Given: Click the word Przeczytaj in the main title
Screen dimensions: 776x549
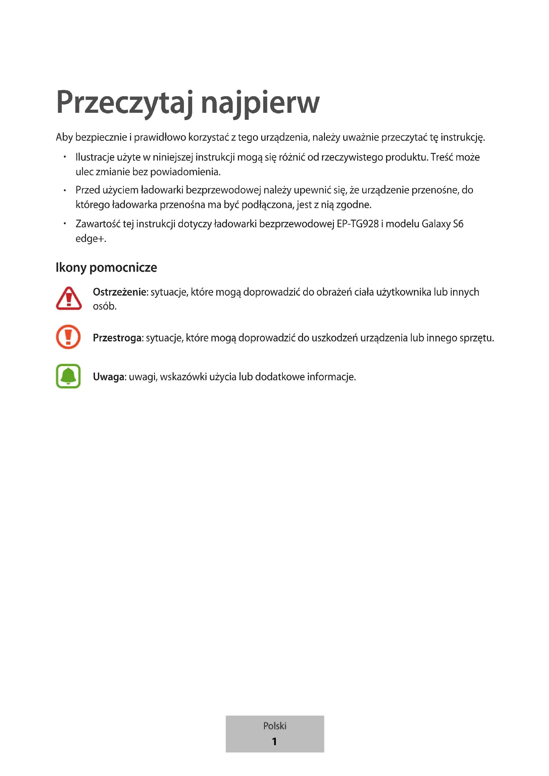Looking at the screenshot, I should pos(124,103).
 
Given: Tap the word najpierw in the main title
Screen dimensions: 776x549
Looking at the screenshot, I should pos(260,103).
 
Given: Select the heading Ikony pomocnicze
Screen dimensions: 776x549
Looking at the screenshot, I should pos(106,268).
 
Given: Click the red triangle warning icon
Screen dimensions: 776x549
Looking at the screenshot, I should pos(69,299).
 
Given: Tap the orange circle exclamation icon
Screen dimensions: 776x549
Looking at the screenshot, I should pos(68,337).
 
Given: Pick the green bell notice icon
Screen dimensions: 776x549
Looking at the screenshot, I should pos(68,376).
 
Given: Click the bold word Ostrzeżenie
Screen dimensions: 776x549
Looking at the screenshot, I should pos(120,292).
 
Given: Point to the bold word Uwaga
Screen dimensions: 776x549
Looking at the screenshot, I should pos(109,377).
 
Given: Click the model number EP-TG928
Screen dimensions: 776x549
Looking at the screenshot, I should pos(358,224).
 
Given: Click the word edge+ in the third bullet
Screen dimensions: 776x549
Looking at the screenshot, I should pos(90,239).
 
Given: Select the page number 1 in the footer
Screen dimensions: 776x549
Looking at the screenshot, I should pos(274,741).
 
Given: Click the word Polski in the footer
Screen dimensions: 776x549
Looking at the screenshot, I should pos(274,726).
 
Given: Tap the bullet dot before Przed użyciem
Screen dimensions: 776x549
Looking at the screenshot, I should pos(65,190).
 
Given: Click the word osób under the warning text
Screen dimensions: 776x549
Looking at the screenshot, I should pos(105,306).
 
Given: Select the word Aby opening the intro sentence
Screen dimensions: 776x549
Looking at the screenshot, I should pos(64,138).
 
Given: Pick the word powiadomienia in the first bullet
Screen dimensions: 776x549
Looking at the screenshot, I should pos(185,172).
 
